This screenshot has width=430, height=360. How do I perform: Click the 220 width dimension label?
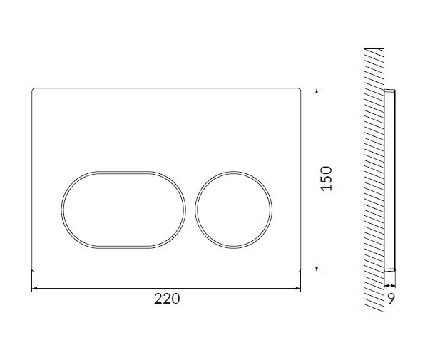pos(167,299)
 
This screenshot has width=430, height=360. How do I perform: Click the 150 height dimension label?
pos(327,178)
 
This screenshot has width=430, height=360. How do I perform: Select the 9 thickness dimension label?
pos(391,299)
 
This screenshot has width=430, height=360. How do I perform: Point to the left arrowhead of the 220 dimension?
pos(34,289)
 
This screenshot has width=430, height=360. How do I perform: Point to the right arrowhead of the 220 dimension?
pos(298,289)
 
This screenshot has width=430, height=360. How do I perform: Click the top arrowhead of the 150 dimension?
pos(317,91)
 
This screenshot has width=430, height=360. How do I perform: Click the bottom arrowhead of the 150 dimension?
pos(317,269)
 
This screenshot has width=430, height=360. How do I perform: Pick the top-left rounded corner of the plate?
pos(33,89)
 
